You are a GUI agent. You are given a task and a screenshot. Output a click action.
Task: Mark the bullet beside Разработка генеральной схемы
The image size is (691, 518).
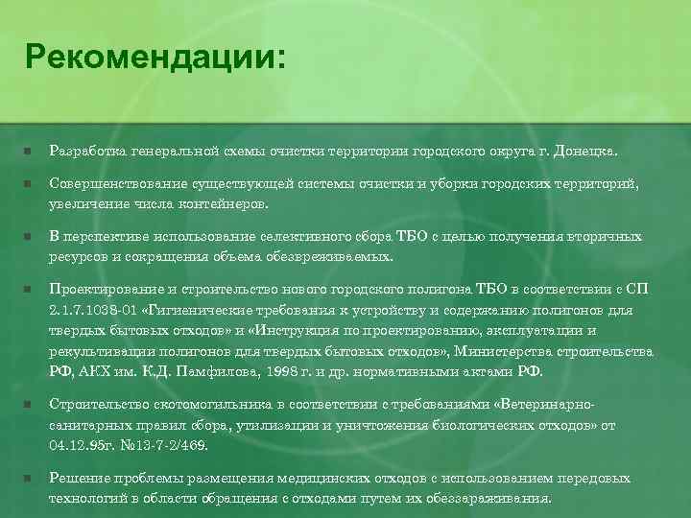[29, 152]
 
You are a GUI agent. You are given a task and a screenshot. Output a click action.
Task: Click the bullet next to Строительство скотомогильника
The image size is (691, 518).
[29, 405]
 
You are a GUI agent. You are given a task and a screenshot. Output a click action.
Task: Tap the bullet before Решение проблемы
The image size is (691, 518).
[29, 478]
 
